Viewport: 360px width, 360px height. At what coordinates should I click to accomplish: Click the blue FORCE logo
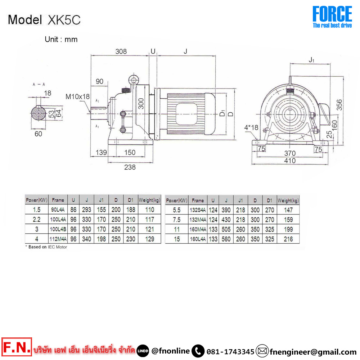click(x=332, y=17)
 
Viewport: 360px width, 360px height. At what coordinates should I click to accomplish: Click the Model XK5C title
click(x=44, y=20)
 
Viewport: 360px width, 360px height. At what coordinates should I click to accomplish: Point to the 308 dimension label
click(x=121, y=51)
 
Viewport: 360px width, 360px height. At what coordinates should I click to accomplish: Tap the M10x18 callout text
click(x=78, y=96)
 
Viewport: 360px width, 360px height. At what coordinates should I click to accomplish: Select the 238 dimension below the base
click(x=130, y=167)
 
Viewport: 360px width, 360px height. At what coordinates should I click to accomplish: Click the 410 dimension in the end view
click(x=290, y=161)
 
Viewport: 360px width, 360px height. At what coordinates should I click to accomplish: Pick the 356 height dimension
click(x=339, y=105)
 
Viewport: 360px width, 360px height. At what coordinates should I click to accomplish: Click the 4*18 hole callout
click(x=251, y=127)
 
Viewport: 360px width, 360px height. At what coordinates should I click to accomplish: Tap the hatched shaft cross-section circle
click(x=39, y=113)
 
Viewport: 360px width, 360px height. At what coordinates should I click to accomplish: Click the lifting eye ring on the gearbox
click(x=134, y=80)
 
